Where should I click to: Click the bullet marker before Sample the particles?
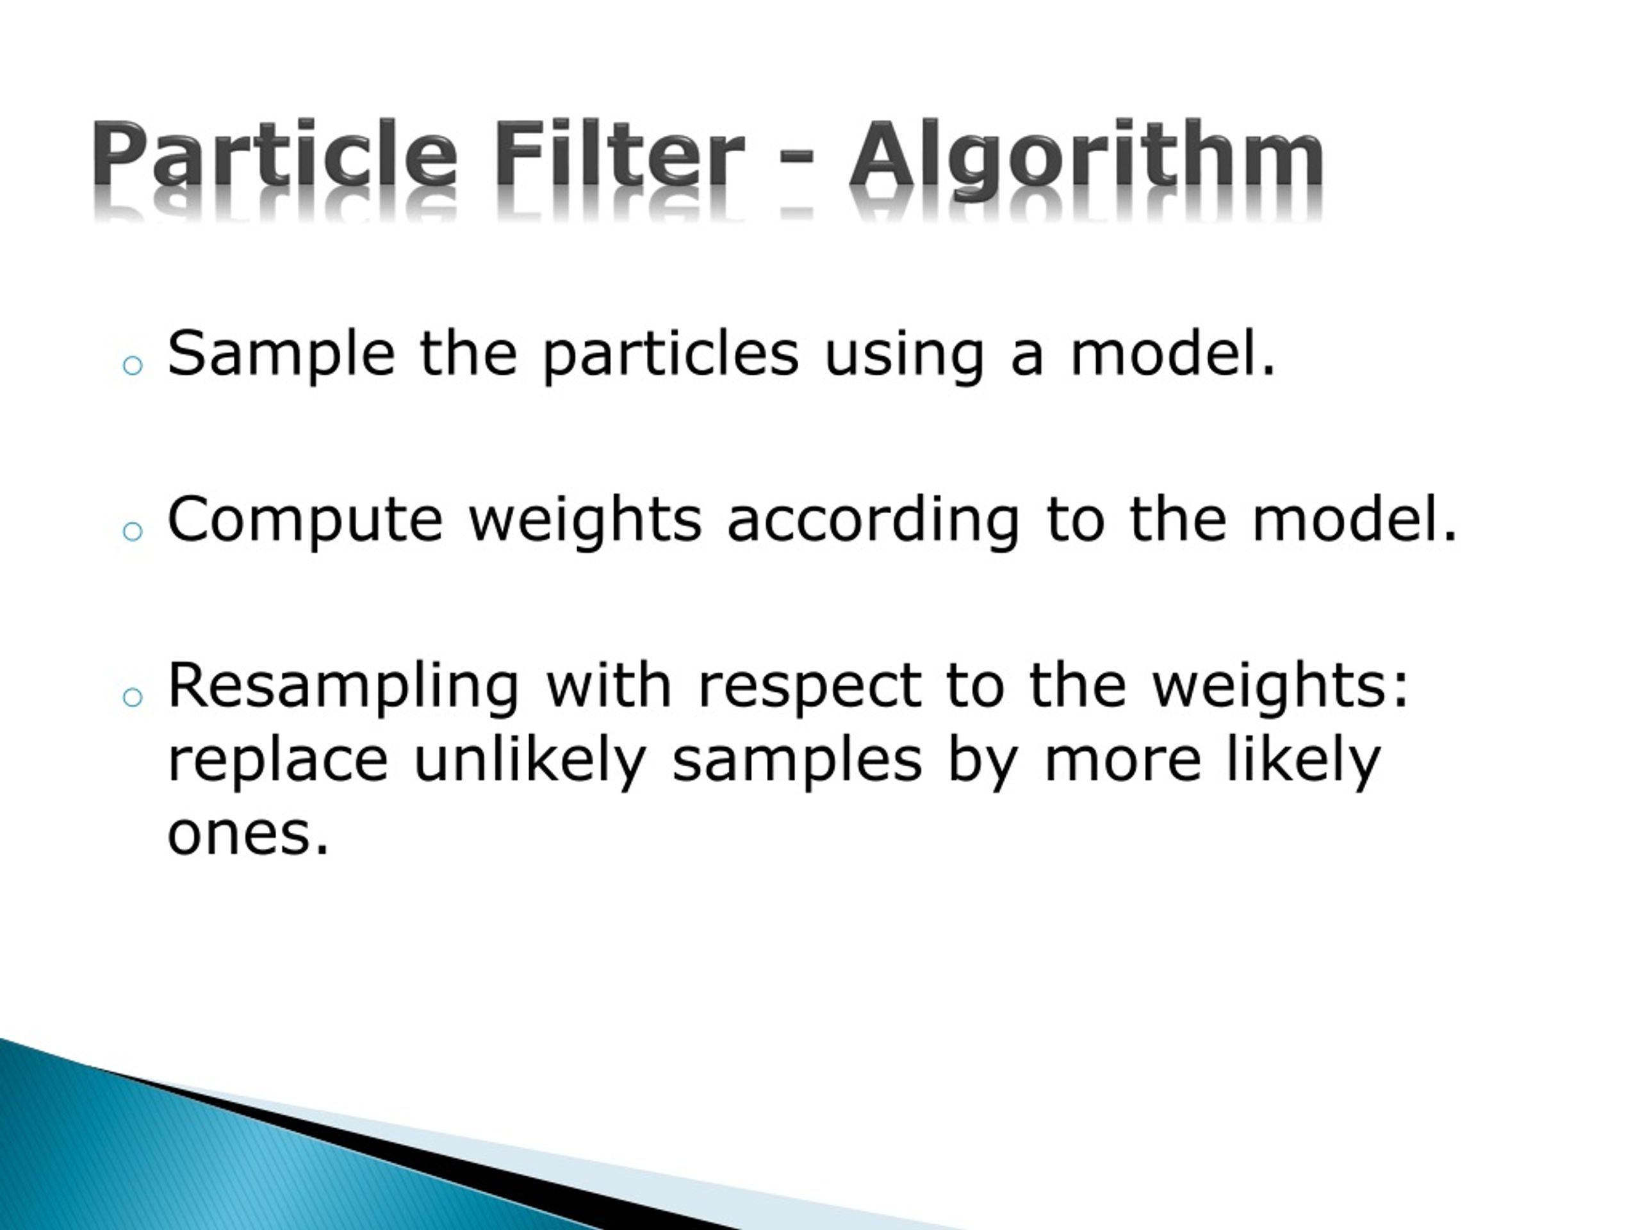click(x=133, y=366)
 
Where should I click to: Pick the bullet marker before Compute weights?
click(x=133, y=531)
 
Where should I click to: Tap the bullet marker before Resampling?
click(x=133, y=696)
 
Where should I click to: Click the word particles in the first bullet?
click(x=671, y=356)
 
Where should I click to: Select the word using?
click(x=904, y=356)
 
